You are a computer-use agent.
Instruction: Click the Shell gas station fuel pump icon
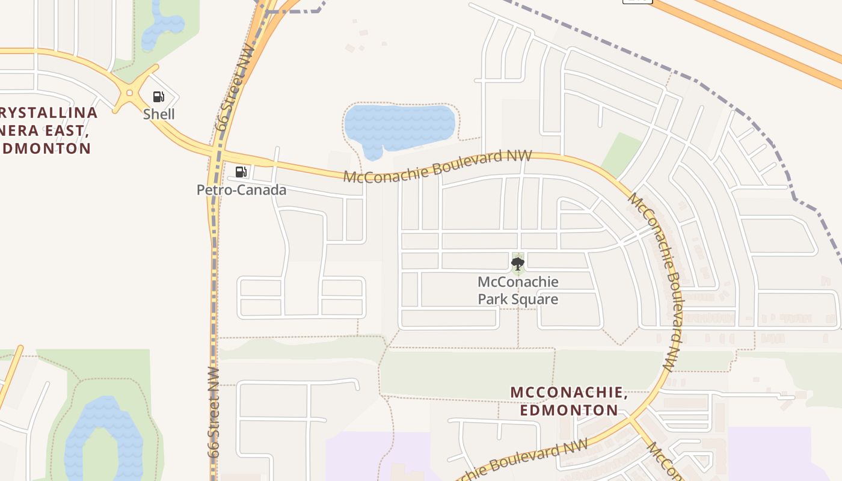(x=158, y=97)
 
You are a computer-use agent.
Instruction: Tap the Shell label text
(x=159, y=114)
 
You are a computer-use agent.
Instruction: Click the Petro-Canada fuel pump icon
(x=241, y=172)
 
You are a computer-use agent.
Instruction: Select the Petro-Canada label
(x=241, y=190)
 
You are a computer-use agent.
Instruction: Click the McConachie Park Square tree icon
(x=518, y=263)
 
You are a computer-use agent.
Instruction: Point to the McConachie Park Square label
(x=518, y=290)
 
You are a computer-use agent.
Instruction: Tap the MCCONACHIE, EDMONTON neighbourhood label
(x=569, y=401)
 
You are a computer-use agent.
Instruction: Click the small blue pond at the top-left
(x=161, y=26)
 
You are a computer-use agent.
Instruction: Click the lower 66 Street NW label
(x=215, y=412)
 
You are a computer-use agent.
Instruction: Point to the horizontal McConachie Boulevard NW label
(x=437, y=166)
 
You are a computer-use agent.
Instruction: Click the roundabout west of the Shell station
(x=129, y=94)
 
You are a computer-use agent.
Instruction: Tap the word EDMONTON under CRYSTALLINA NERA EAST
(x=47, y=149)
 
